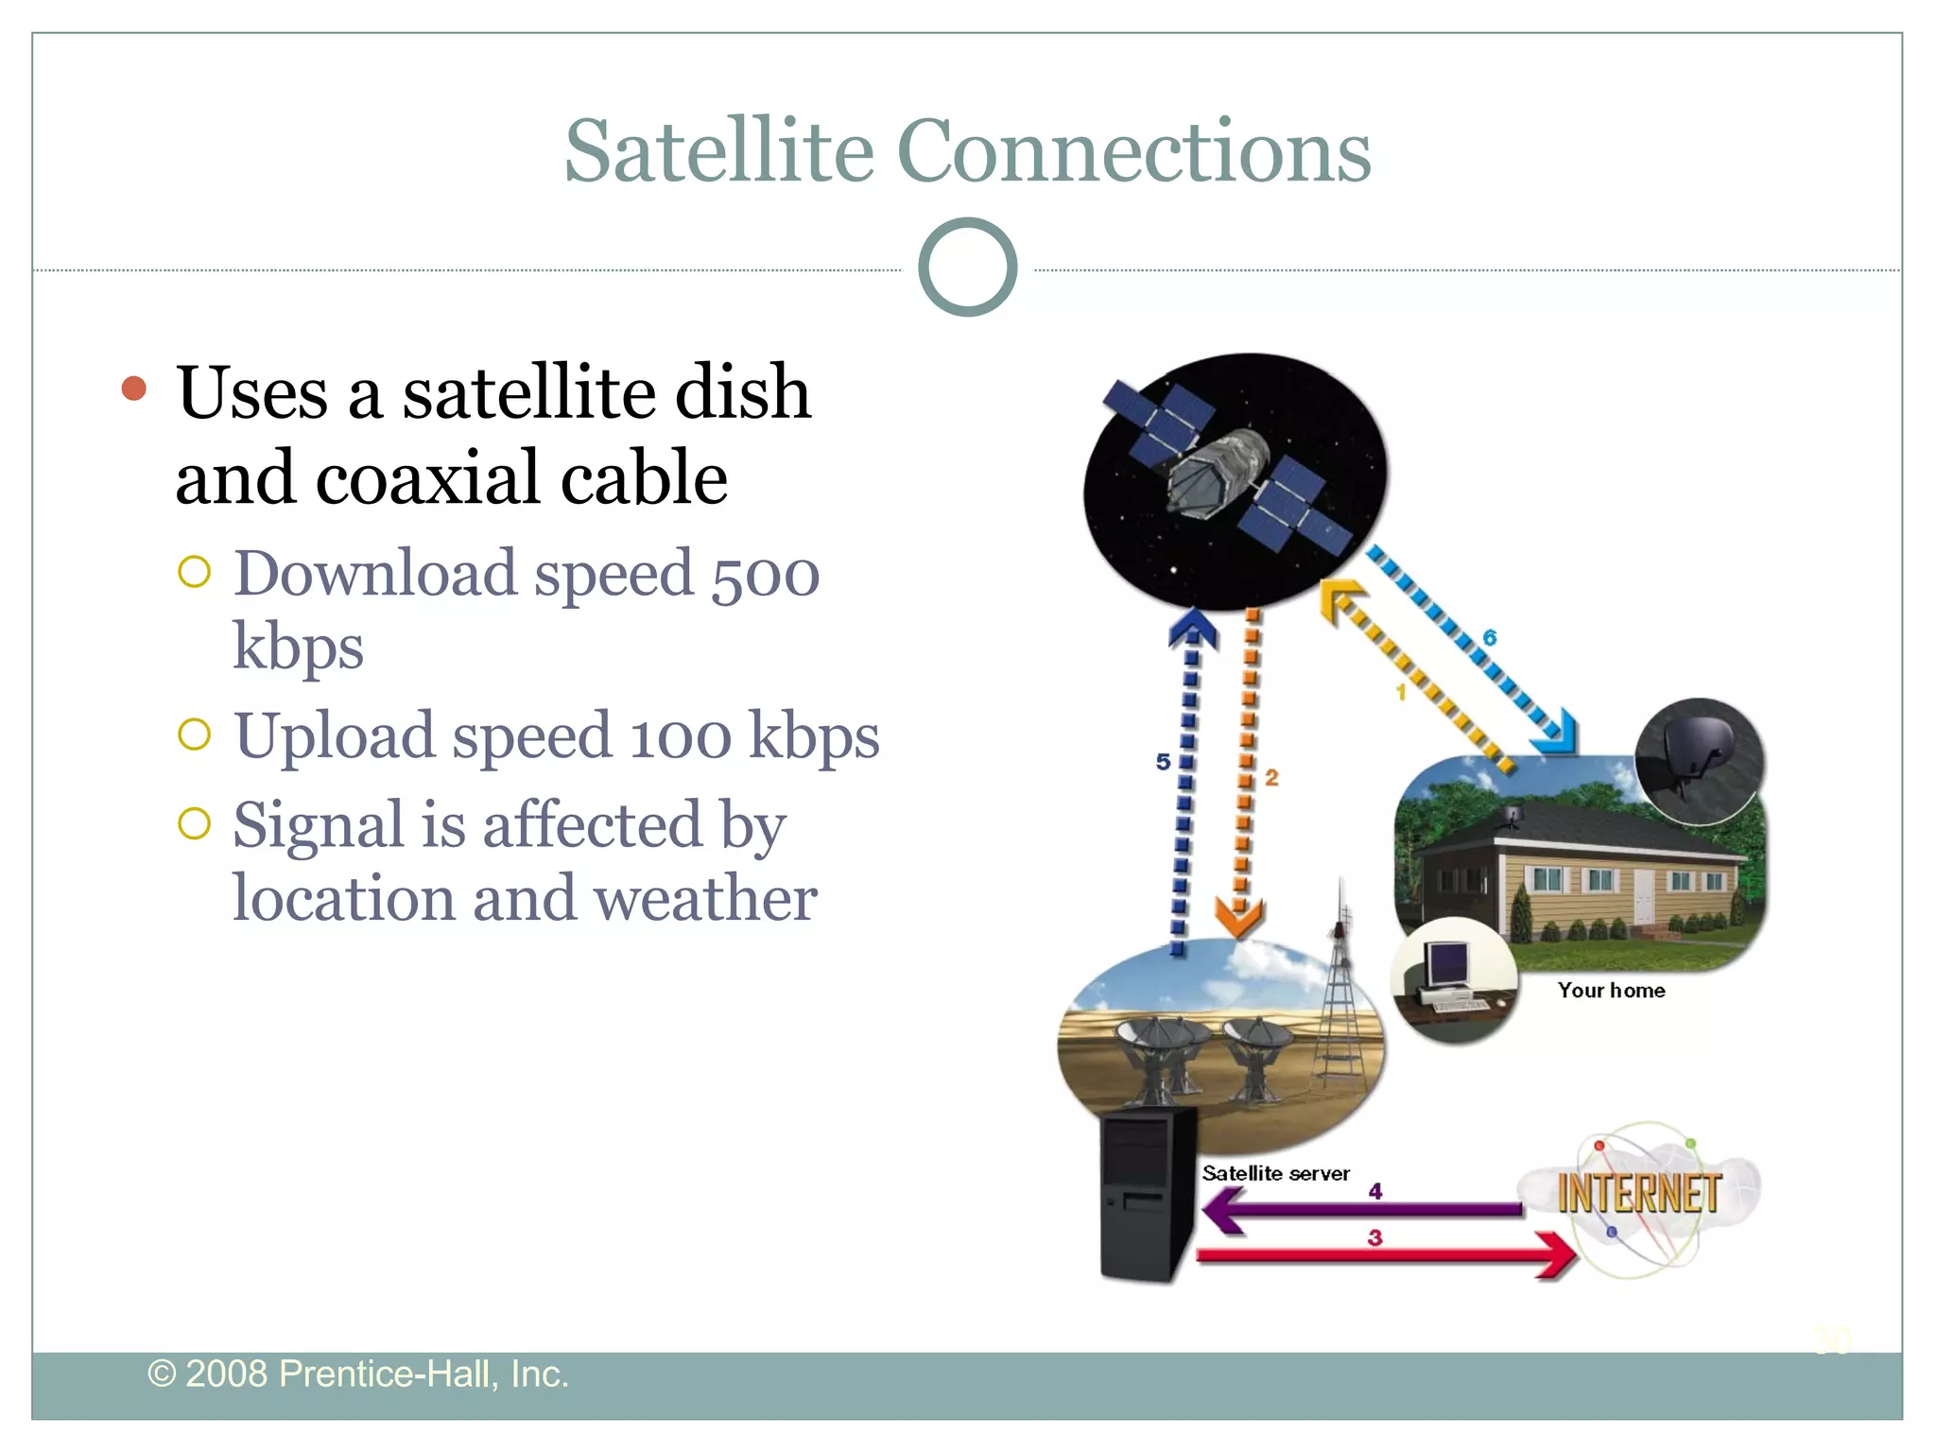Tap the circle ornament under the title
point(967,268)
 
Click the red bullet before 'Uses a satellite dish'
point(134,389)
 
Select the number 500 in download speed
point(765,574)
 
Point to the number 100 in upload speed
point(681,736)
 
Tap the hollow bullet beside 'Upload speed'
point(194,734)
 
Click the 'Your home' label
point(1611,990)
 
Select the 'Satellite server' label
point(1275,1173)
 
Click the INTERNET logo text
point(1638,1193)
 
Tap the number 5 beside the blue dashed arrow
point(1163,761)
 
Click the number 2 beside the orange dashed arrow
point(1271,777)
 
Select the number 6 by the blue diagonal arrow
point(1491,638)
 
